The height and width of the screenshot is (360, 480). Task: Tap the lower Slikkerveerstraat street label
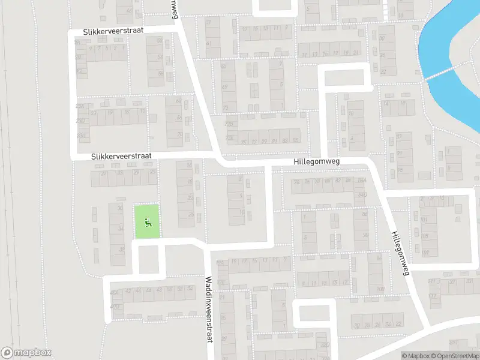pos(122,155)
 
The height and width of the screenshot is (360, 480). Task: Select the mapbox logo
pos(26,353)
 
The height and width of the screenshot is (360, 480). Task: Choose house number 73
pos(226,108)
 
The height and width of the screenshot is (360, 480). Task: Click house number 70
pos(179,134)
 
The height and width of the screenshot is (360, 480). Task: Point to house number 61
pos(209,43)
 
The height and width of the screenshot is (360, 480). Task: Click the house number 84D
pos(361,194)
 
